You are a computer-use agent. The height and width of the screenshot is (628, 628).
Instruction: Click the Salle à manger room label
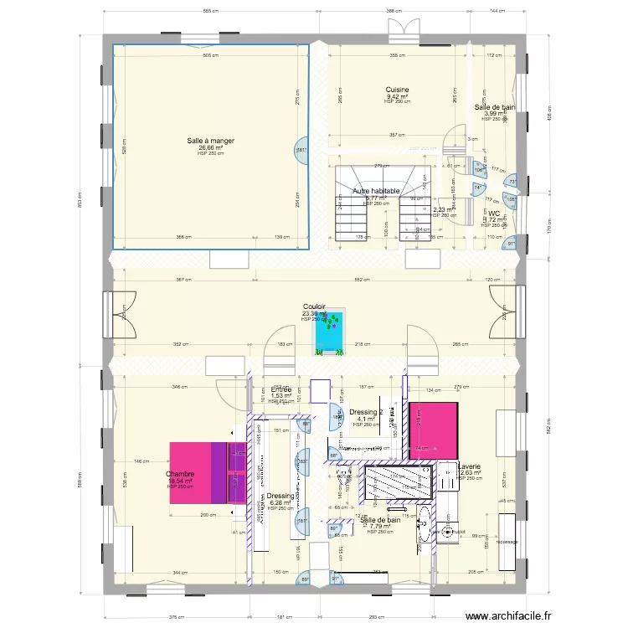[210, 141]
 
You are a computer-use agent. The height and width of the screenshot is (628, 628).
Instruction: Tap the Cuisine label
[397, 90]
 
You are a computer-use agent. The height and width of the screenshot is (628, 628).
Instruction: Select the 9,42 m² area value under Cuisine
[397, 96]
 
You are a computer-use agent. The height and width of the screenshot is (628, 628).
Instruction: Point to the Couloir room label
[314, 307]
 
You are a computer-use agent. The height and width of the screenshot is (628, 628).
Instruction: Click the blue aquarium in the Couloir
[330, 332]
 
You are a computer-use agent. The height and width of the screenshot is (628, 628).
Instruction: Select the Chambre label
[180, 474]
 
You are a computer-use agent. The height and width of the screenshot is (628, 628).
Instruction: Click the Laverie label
[470, 466]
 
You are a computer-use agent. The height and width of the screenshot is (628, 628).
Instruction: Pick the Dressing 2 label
[367, 412]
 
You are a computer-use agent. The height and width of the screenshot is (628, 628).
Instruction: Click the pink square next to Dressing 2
[434, 431]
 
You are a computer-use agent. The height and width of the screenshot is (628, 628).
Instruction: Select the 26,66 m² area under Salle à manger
[210, 147]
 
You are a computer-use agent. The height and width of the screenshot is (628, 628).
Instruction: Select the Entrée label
[281, 389]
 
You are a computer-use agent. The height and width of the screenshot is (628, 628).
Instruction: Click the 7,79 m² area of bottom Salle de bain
[380, 526]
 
